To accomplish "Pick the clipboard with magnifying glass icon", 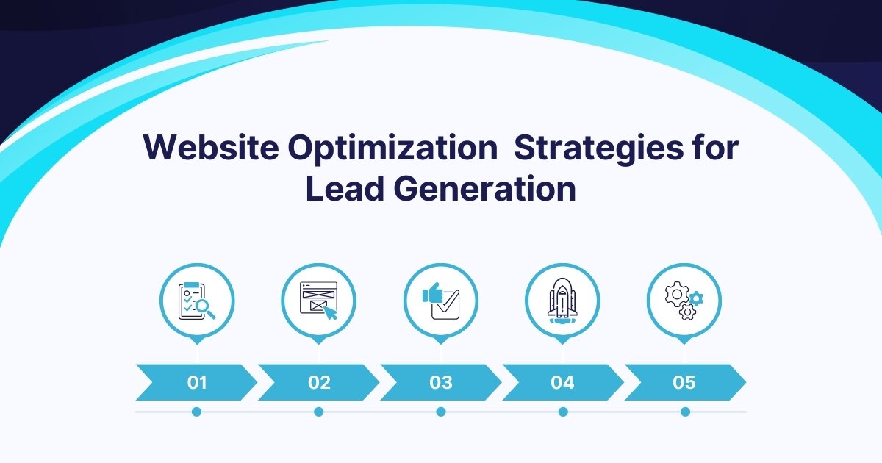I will [197, 301].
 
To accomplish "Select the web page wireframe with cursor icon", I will [318, 301].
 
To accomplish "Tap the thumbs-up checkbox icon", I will [441, 301].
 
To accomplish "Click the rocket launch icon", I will [562, 301].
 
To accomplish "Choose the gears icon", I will [684, 301].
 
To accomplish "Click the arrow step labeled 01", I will [196, 382].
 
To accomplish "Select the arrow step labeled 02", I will [318, 382].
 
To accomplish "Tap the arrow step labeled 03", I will [440, 382].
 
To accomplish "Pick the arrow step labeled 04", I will [562, 382].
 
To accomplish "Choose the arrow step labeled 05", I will [684, 382].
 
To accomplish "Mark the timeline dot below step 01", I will [196, 412].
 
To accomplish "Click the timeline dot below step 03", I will [441, 412].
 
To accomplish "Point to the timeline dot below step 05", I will [685, 412].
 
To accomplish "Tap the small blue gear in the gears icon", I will [697, 298].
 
